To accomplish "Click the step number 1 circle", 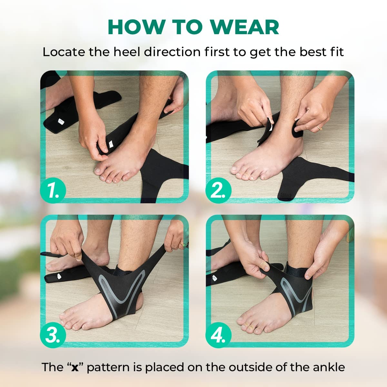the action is click(53, 190).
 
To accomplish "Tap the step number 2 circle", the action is click(218, 190).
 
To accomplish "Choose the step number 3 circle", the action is click(53, 335).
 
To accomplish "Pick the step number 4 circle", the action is click(218, 335).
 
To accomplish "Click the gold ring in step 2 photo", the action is click(320, 128).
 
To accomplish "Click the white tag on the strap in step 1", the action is click(110, 144).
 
